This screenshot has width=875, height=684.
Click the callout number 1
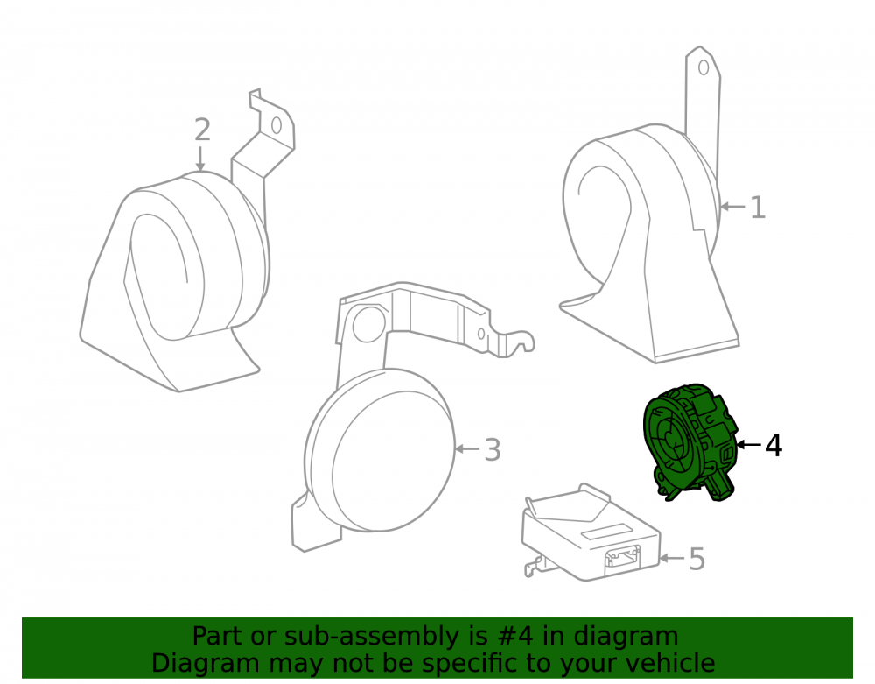(757, 208)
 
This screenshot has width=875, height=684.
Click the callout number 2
(203, 130)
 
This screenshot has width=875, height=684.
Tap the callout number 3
(492, 449)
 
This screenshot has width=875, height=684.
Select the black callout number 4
(773, 446)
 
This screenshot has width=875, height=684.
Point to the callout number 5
(697, 559)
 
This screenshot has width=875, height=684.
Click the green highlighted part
(691, 441)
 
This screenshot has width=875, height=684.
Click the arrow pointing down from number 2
(200, 159)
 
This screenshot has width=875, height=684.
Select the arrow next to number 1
(732, 207)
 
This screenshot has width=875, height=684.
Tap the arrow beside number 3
(467, 448)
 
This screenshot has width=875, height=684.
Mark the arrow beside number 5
(672, 557)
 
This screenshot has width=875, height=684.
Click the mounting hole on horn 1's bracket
(703, 67)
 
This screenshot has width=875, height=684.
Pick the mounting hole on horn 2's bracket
(276, 125)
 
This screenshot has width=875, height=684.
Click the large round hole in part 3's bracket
(368, 324)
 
